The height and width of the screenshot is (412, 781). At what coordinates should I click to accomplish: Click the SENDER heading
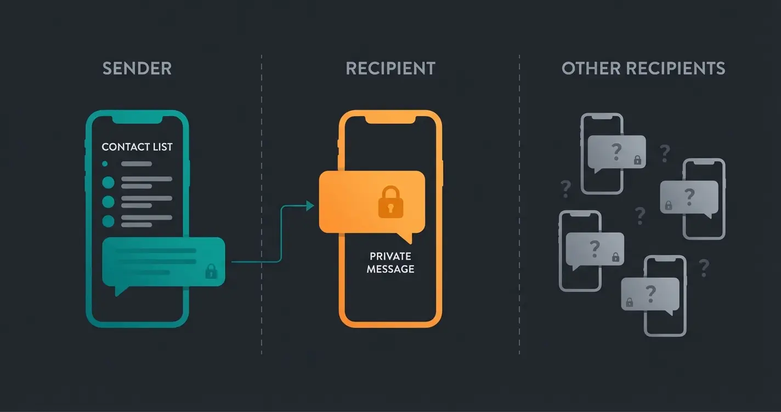pos(137,68)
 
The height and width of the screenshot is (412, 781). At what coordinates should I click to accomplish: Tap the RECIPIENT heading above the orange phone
pos(390,68)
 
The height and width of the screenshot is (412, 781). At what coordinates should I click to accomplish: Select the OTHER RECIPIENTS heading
pos(643,68)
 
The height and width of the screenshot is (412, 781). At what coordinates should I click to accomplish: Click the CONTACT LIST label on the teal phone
pos(137,147)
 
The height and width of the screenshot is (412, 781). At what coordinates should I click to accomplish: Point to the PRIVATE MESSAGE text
pos(390,262)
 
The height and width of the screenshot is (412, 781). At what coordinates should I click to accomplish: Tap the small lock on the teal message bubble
pos(211,271)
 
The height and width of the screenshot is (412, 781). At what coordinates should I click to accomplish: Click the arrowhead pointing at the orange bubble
pos(310,205)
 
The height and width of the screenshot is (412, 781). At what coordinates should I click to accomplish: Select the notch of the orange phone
pos(390,118)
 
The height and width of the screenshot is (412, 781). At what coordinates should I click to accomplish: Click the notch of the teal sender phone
pos(137,118)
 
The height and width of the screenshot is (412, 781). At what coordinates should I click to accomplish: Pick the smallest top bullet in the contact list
pos(105,163)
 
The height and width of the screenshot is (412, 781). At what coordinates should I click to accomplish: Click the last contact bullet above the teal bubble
pos(109,221)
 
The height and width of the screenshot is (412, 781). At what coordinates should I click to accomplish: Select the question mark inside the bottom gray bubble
pos(651,293)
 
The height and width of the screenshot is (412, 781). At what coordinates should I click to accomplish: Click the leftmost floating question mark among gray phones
pos(565,189)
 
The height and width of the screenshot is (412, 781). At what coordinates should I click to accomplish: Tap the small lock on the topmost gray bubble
pos(637,160)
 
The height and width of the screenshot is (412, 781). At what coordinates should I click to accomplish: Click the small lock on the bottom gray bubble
pos(629,302)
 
